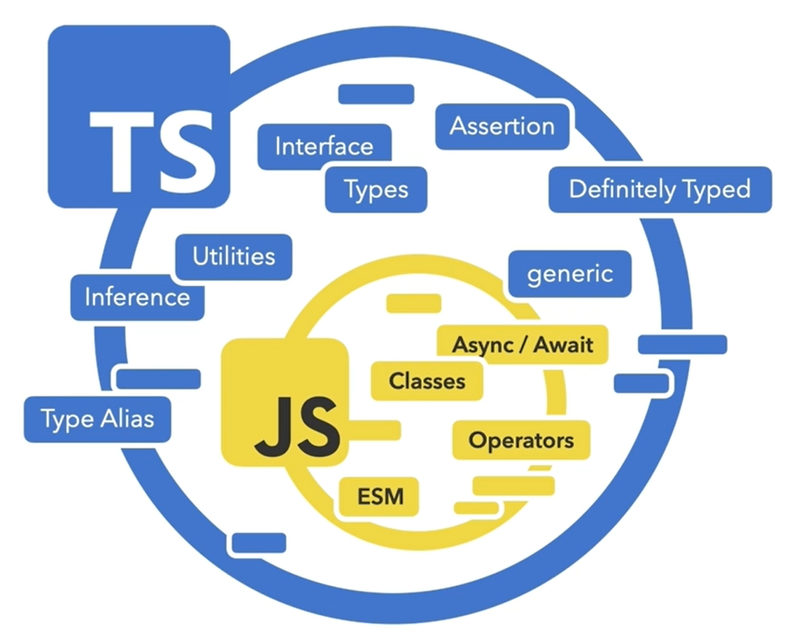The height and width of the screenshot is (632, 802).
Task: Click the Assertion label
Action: tap(502, 127)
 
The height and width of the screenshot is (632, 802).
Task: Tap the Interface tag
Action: tap(324, 146)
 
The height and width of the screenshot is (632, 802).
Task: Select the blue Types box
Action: tap(376, 189)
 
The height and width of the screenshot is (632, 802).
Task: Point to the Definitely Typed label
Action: tap(660, 189)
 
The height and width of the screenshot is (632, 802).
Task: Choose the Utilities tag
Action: tap(234, 257)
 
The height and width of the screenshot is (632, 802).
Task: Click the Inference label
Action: tap(137, 297)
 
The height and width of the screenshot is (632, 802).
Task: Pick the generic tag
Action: tap(570, 274)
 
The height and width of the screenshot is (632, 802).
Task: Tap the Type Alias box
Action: tap(98, 419)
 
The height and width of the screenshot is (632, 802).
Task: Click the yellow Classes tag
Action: tap(427, 381)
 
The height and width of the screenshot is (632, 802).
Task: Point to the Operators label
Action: tap(521, 440)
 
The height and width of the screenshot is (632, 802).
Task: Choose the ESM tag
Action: tap(380, 497)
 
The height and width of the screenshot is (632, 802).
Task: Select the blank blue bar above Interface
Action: tap(376, 94)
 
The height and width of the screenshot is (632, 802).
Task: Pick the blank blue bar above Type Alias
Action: tap(158, 379)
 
